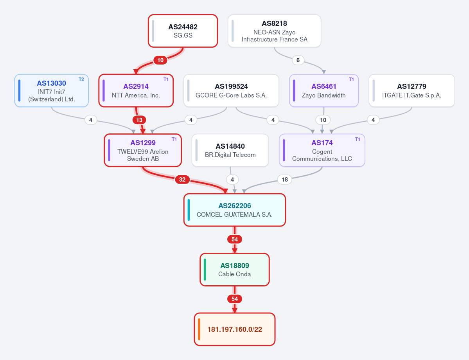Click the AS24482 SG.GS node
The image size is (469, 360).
point(183,31)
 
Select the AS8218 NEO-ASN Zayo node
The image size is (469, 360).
point(274,31)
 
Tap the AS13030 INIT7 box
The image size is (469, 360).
point(52,91)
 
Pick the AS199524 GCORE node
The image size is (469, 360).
point(231,91)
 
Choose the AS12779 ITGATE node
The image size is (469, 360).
point(411,91)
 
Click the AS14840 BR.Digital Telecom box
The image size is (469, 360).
point(230,150)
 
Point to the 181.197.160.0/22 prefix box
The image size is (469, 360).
point(235,329)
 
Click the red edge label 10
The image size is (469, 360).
point(160,60)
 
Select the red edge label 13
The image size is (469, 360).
point(139,120)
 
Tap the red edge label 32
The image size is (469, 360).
point(182,180)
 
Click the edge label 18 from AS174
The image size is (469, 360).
point(284,180)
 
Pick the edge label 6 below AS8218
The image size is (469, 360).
point(298,60)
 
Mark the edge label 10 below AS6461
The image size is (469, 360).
point(323,120)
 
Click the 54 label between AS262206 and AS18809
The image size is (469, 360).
point(235,239)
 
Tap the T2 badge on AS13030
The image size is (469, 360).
point(81,79)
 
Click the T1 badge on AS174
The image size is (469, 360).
point(358,139)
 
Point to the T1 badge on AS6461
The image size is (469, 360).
point(351,79)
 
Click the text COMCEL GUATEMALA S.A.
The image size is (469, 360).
point(235,214)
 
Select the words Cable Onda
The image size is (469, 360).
point(235,274)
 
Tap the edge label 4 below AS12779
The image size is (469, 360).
point(373,120)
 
